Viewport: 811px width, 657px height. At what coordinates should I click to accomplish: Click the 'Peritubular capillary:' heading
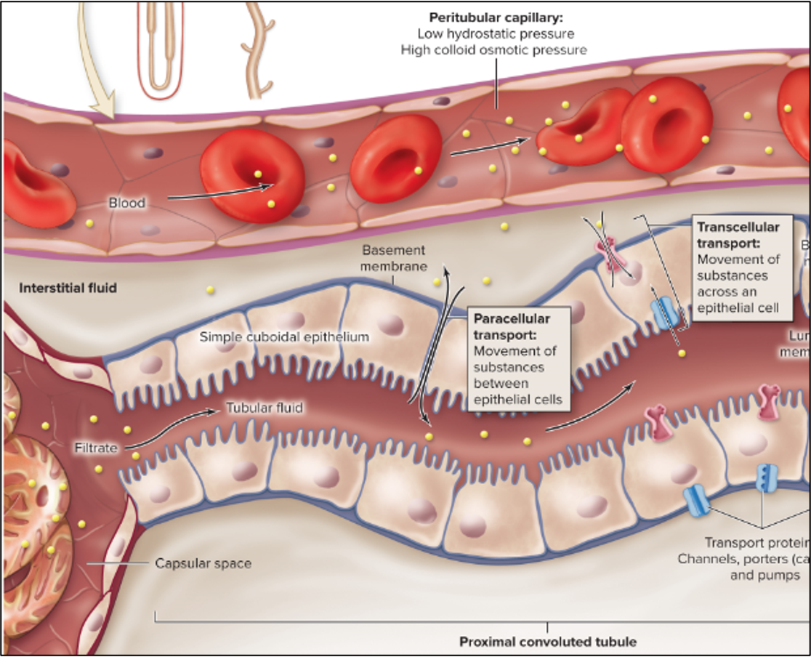coord(496,17)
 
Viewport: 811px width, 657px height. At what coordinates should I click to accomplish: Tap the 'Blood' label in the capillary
coord(127,203)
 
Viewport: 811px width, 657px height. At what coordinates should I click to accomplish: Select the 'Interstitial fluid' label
coord(68,288)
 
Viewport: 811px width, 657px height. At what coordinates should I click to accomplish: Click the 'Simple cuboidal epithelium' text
coord(284,337)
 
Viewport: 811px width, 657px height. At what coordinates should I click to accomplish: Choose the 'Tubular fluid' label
coord(264,408)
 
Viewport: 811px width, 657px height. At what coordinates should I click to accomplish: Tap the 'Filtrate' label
coord(96,448)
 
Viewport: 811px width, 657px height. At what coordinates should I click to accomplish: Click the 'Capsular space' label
coord(203,563)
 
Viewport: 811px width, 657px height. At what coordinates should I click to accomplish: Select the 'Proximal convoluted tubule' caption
coord(547,642)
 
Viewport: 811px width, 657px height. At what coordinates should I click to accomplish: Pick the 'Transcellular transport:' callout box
coord(738,267)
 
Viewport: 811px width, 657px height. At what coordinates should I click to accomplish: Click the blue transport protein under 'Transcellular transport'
coord(665,313)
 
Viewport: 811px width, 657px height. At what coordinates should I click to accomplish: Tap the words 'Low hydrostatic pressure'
coord(496,33)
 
